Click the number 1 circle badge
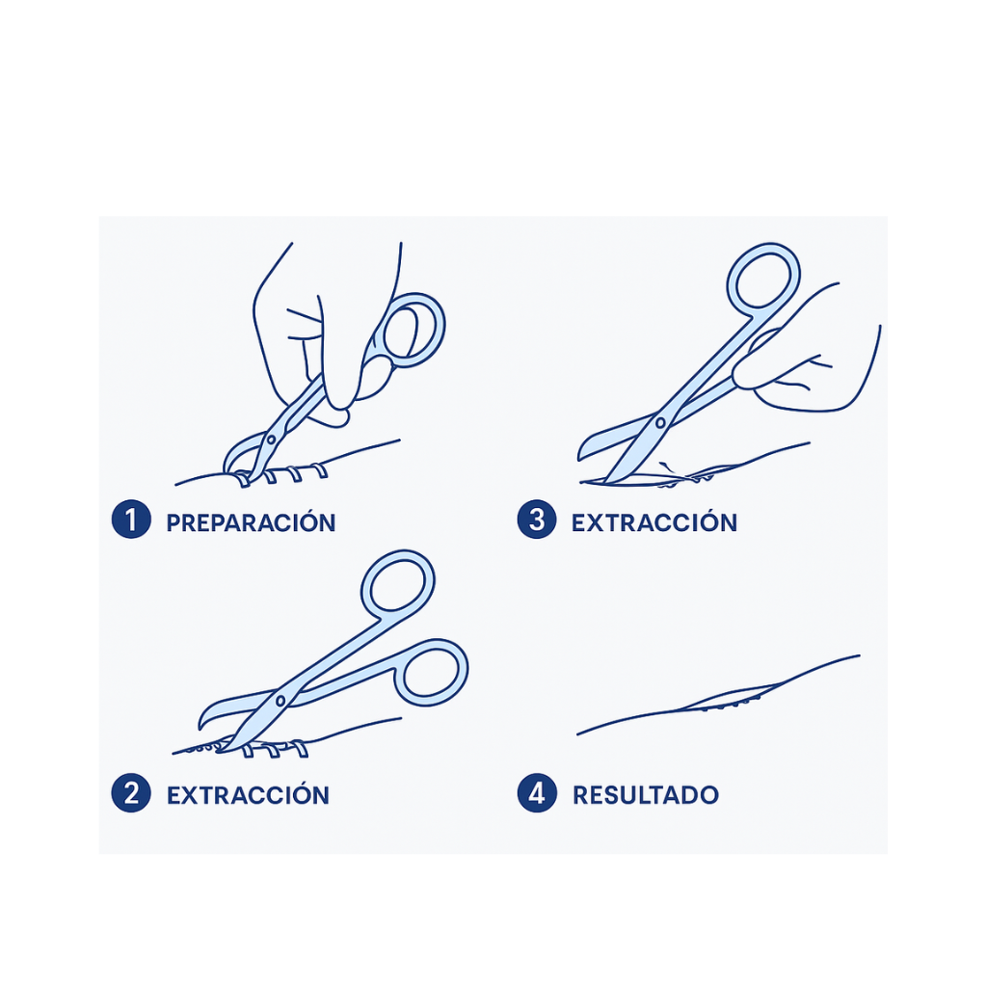pos(131,520)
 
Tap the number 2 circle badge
pos(131,792)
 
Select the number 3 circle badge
pos(536,520)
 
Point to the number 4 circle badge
pos(536,792)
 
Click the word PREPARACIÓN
pos(251,522)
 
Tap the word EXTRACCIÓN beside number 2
pos(248,795)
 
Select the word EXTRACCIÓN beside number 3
pos(654,522)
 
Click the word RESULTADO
pos(646,795)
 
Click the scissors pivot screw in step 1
pos(271,439)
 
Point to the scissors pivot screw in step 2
pos(280,701)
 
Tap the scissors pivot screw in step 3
pos(660,423)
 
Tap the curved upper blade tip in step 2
pos(201,726)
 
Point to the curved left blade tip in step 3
pos(580,456)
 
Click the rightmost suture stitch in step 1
pos(320,470)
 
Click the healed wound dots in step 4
pos(732,704)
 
